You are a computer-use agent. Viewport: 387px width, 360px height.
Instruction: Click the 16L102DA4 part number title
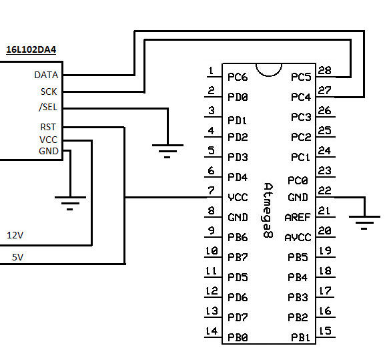(x=31, y=49)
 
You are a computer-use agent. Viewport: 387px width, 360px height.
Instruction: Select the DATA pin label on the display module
(x=46, y=75)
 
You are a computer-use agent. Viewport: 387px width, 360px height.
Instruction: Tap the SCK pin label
(x=49, y=92)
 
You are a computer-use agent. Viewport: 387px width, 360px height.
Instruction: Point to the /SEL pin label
(x=48, y=107)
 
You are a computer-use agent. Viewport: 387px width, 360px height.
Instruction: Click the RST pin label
(x=48, y=127)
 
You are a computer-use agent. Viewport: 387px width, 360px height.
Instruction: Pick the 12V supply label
(x=15, y=235)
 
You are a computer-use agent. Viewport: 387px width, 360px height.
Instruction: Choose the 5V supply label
(x=18, y=257)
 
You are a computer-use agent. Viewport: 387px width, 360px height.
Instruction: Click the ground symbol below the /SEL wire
(x=167, y=151)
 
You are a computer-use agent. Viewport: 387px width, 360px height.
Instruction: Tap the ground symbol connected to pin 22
(x=364, y=222)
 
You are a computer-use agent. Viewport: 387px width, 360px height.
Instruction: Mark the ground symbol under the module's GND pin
(x=70, y=203)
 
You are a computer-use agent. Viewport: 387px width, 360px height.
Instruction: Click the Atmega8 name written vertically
(x=268, y=210)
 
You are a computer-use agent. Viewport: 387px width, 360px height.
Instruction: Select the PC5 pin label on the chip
(x=301, y=77)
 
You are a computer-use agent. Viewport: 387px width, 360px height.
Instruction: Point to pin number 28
(x=324, y=70)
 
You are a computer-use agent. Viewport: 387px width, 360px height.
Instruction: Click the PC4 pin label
(x=301, y=97)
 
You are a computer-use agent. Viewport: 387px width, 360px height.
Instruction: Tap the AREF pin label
(x=298, y=218)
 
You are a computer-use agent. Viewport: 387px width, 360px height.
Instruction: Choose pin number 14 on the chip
(x=212, y=331)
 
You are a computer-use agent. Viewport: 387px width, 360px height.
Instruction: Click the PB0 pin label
(x=238, y=337)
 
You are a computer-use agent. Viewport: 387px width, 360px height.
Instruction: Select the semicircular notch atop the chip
(x=269, y=70)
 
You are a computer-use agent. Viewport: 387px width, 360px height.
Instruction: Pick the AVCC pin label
(x=298, y=238)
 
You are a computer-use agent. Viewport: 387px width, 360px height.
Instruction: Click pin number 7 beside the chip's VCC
(x=211, y=190)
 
